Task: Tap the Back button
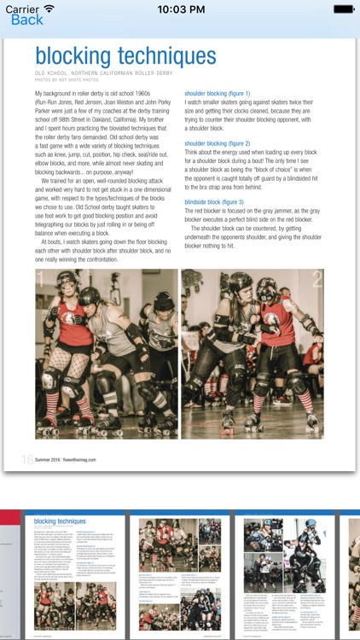click(x=26, y=20)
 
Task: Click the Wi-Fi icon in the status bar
click(x=49, y=9)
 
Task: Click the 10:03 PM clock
click(x=179, y=9)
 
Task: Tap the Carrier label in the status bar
click(x=21, y=9)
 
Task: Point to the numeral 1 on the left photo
click(x=41, y=278)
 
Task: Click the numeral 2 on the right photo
click(x=316, y=278)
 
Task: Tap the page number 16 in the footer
click(x=27, y=459)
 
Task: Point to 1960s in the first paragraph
click(x=160, y=93)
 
